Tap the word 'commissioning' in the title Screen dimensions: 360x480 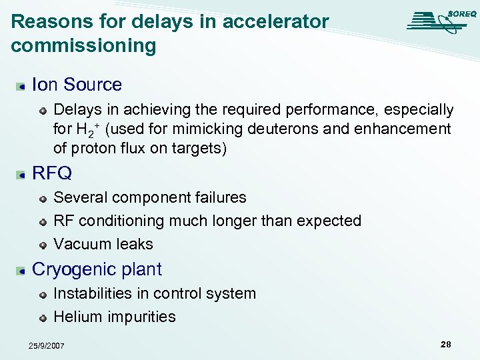point(83,45)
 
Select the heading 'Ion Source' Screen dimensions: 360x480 point(77,85)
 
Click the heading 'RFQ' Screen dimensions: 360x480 point(51,173)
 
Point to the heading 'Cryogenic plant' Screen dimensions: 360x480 point(97,269)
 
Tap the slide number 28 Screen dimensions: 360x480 point(445,344)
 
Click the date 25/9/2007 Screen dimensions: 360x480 point(46,345)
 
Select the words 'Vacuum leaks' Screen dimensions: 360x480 point(103,244)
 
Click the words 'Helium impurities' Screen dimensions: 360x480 point(114,317)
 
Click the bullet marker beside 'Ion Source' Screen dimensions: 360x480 point(22,85)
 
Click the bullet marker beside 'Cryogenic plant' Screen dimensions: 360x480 point(22,270)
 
